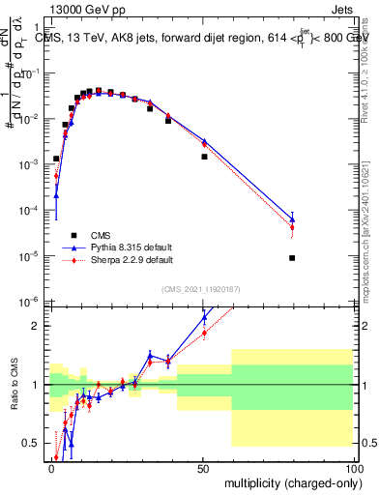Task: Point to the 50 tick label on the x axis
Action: click(203, 469)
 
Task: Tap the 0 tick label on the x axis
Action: click(52, 469)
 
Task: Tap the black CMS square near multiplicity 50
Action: click(204, 156)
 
